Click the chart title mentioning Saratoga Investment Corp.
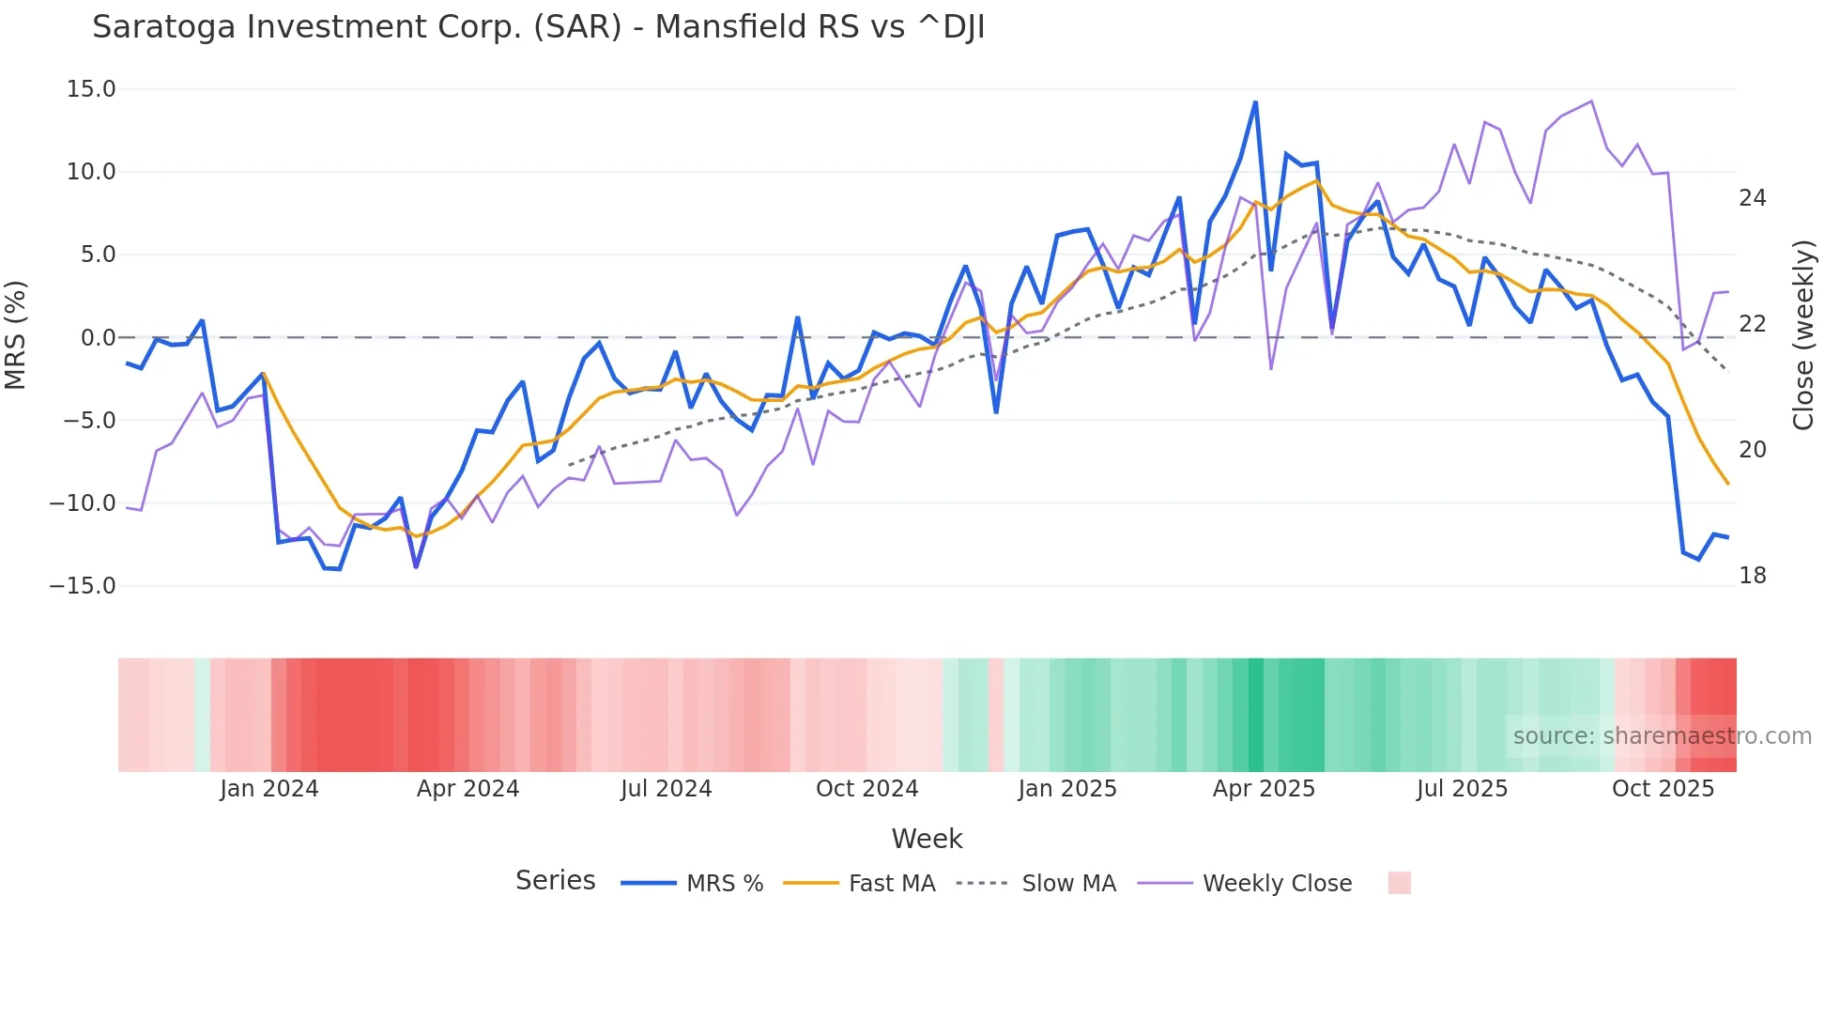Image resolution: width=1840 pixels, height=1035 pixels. click(538, 27)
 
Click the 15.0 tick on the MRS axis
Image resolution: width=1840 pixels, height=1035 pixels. click(91, 89)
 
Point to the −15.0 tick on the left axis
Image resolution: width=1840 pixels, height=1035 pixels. click(83, 586)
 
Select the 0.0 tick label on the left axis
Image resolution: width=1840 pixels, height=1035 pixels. click(98, 338)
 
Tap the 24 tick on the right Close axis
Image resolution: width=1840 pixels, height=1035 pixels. click(1752, 198)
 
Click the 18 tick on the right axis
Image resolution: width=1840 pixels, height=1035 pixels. click(1752, 576)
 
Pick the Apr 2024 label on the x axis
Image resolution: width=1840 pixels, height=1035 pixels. click(468, 789)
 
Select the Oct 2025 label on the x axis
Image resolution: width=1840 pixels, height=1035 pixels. click(1663, 789)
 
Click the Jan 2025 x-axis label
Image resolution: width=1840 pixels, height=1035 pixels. click(1066, 789)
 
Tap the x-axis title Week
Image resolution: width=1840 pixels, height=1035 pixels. click(927, 839)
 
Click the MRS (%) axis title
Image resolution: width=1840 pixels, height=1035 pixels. click(16, 335)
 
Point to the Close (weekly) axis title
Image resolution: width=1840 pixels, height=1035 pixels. click(1802, 335)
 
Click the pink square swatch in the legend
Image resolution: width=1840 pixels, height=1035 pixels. click(1399, 883)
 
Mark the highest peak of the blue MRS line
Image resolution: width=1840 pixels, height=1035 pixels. click(1255, 102)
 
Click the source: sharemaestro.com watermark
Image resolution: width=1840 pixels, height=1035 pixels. click(1662, 736)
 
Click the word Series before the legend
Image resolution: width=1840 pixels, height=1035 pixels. click(555, 881)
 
